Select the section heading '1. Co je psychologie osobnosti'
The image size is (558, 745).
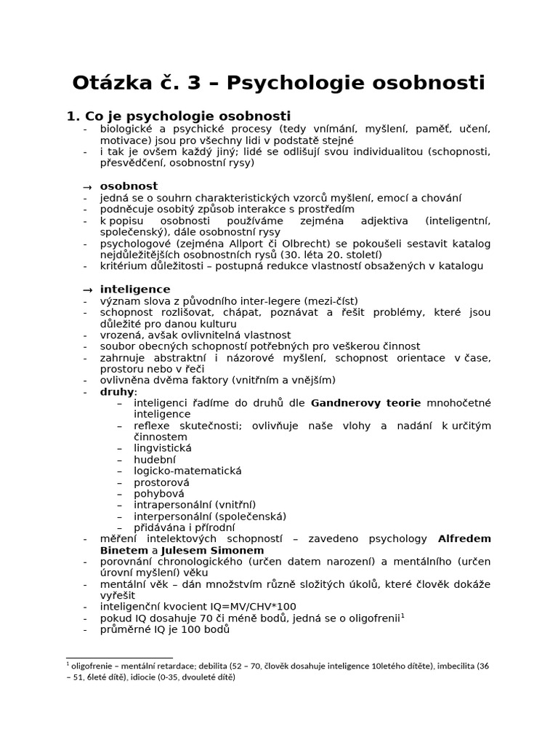tap(178, 116)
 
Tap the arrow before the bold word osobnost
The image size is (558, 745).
tap(87, 186)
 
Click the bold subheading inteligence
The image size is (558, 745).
tap(135, 289)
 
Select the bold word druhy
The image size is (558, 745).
tap(116, 391)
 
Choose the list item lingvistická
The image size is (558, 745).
tap(162, 448)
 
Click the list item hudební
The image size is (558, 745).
tap(154, 459)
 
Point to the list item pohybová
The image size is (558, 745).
tap(158, 493)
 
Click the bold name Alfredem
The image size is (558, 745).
tap(464, 538)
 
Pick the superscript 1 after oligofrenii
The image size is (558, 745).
tap(403, 615)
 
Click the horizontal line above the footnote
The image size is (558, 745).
tap(109, 657)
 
